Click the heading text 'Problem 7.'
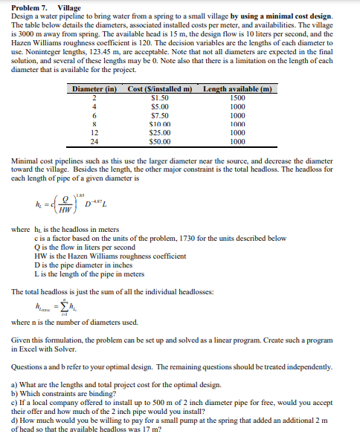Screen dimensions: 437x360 pyautogui.click(x=24, y=7)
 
